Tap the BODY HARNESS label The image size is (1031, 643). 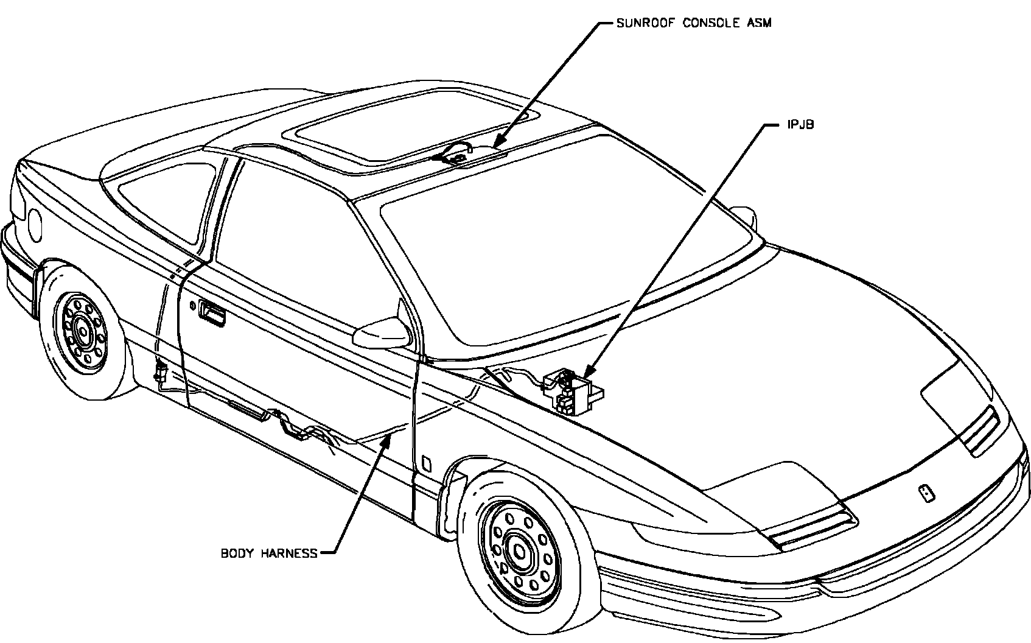[x=269, y=553]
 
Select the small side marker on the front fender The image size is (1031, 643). [x=427, y=465]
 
